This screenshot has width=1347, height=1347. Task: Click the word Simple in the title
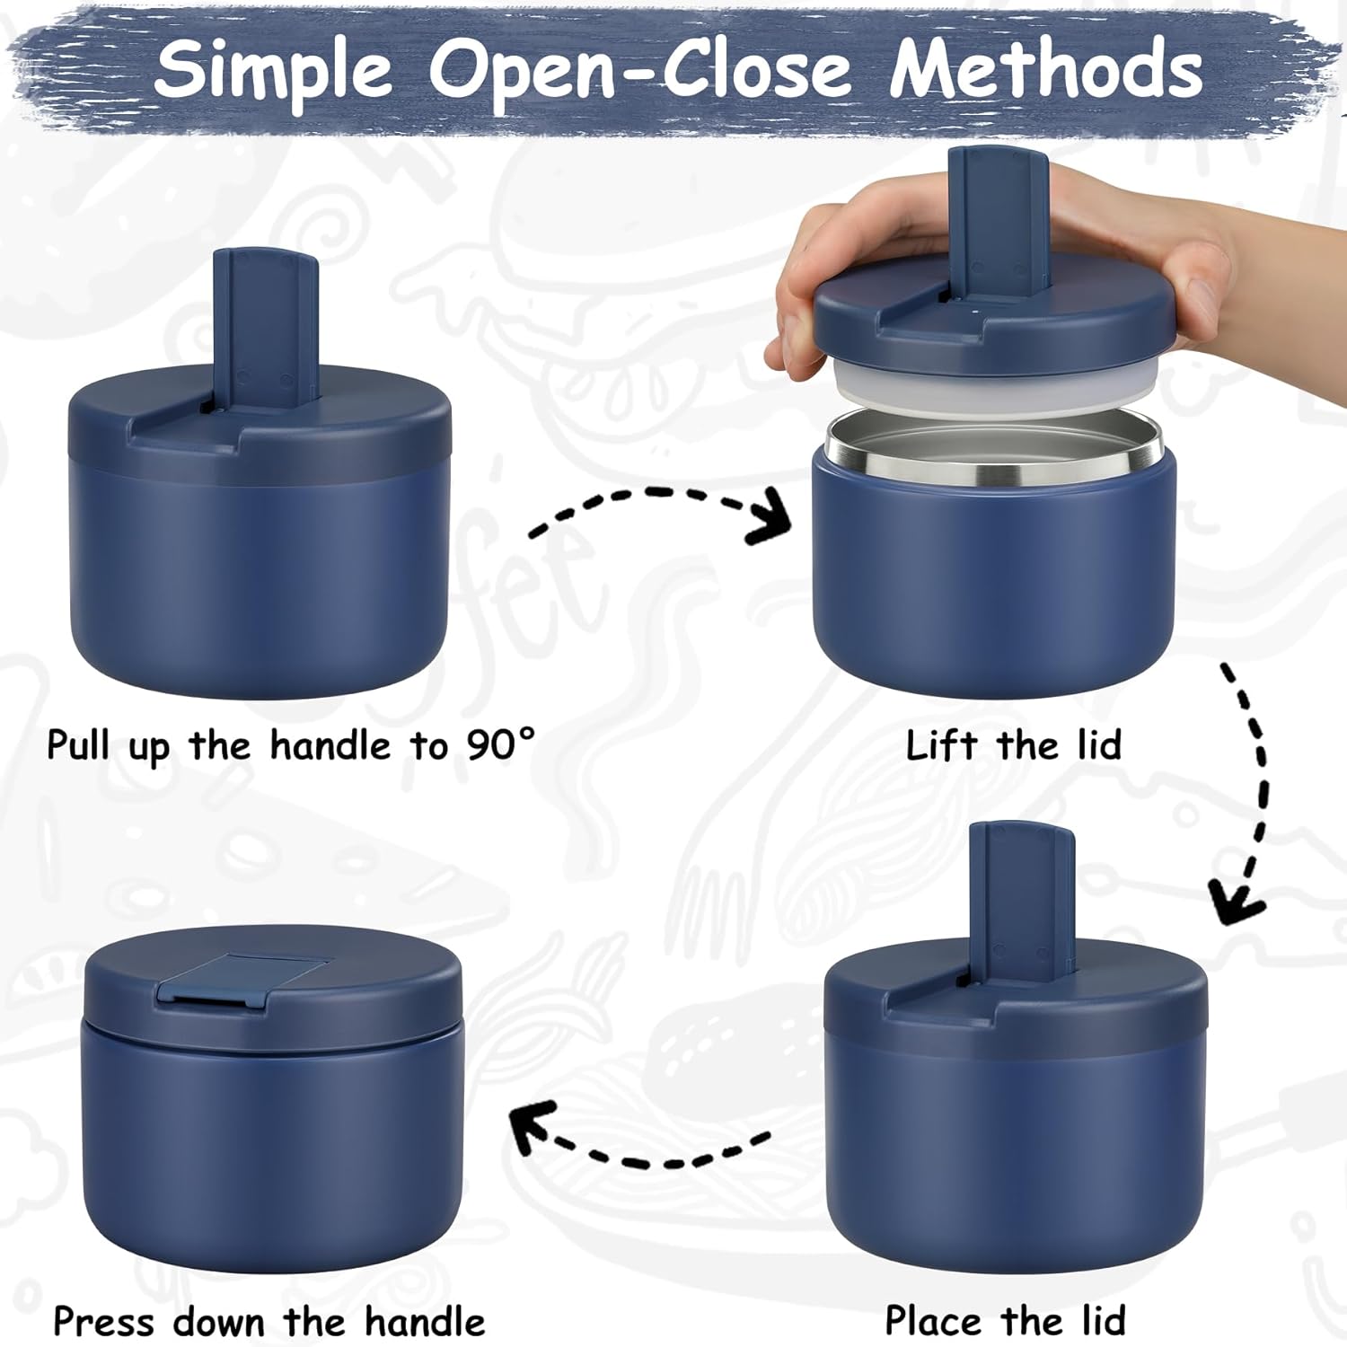click(x=274, y=70)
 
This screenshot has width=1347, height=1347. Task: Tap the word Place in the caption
click(x=933, y=1321)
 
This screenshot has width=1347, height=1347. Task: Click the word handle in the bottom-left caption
click(x=425, y=1321)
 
